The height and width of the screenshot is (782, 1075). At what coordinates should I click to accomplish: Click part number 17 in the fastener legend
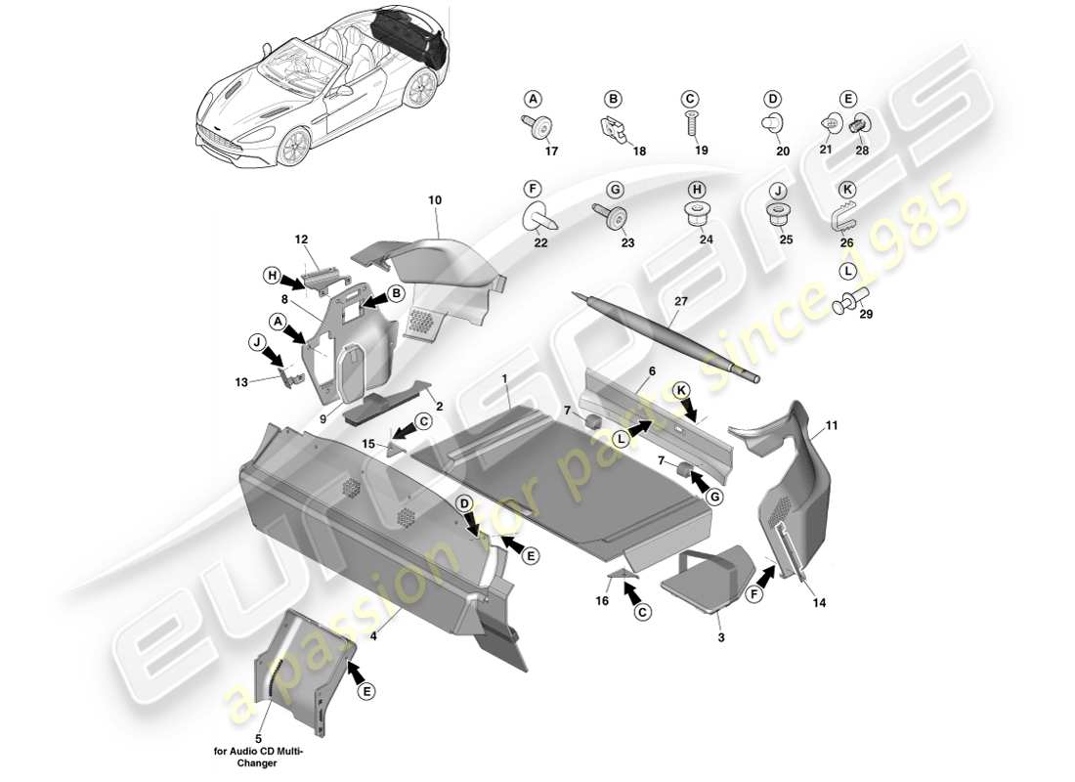[x=551, y=152]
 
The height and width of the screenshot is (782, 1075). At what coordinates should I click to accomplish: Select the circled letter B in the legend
[x=613, y=99]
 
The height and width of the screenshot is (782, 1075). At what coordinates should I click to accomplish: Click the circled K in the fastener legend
[x=847, y=188]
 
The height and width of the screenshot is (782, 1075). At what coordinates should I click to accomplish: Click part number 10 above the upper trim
[x=435, y=200]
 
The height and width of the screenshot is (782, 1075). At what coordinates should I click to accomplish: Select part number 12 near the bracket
[x=301, y=239]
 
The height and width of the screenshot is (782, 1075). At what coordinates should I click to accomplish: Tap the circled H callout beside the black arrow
[x=271, y=276]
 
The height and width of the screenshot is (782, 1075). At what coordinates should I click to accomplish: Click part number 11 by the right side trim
[x=832, y=425]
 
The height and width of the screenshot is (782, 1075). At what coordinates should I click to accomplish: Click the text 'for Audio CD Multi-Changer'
[x=259, y=758]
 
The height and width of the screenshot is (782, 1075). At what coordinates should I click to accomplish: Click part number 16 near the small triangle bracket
[x=603, y=601]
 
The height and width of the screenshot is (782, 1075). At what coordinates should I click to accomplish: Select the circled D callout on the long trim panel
[x=466, y=502]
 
